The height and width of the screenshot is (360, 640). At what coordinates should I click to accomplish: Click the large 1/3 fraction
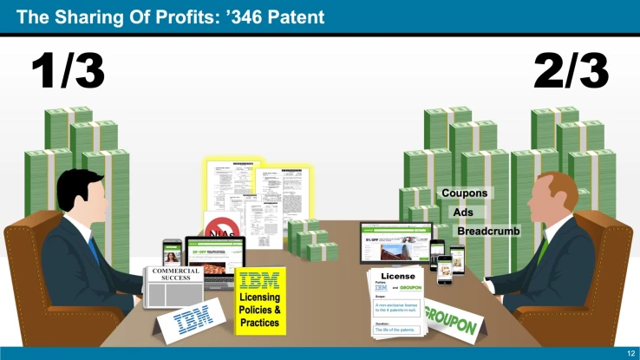click(69, 72)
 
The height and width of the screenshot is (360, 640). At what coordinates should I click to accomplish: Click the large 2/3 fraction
click(571, 72)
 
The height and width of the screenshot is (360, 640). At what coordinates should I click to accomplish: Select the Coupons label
click(464, 193)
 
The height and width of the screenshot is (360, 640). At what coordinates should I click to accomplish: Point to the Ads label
click(463, 212)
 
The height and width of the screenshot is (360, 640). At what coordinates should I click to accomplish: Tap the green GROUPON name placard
click(450, 323)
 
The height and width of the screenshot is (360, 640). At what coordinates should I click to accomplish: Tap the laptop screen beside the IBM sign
click(215, 257)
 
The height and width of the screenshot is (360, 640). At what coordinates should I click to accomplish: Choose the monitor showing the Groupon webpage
click(395, 243)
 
